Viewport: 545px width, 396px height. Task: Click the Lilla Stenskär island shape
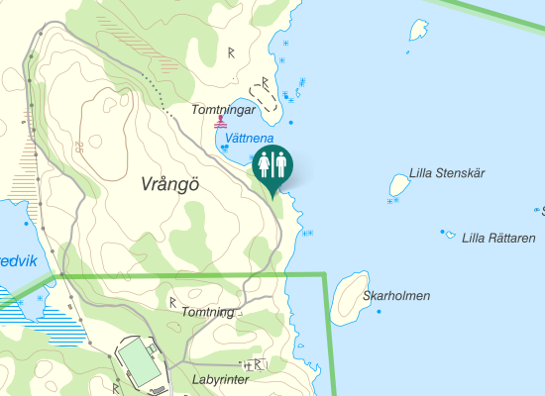tap(399, 184)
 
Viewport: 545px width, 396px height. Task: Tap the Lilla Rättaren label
tap(498, 238)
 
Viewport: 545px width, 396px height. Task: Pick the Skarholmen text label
tap(396, 295)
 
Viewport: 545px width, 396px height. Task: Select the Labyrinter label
tap(219, 379)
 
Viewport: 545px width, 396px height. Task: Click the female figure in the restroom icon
tap(265, 164)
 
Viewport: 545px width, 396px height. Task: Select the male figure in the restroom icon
tap(281, 164)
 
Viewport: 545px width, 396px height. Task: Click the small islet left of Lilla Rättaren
tap(450, 236)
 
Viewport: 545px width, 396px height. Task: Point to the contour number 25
tap(77, 147)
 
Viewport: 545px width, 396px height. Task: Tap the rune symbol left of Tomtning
tap(172, 301)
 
